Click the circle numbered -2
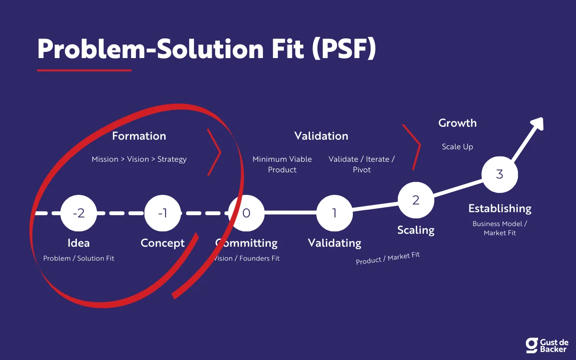79,213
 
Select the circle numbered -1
163,213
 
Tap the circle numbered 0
246,213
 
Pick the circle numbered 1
335,213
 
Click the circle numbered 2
416,200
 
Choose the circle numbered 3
500,174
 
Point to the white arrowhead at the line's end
537,124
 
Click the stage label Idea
79,243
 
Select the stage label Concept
163,243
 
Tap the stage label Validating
335,243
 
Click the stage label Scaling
416,230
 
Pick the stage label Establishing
500,208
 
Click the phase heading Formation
139,136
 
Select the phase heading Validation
321,136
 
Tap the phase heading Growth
457,123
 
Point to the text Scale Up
457,146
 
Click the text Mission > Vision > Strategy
139,159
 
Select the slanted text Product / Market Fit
388,258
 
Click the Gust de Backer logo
547,345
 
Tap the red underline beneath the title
84,70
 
